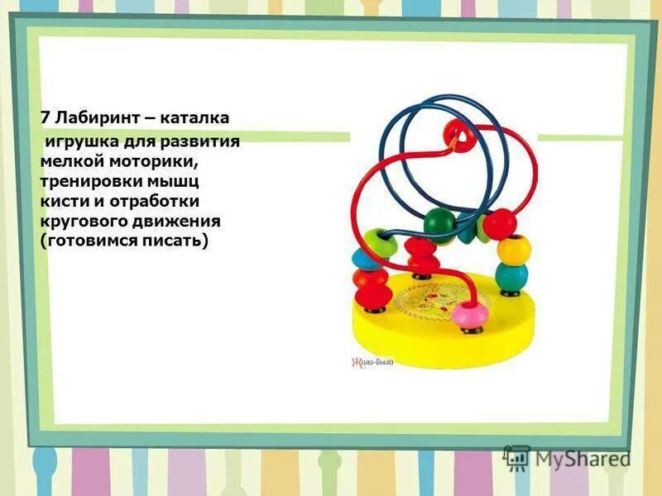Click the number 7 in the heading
[46, 118]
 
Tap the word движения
[178, 221]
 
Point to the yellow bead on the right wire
[514, 247]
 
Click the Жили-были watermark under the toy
[373, 361]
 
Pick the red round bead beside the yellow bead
[500, 223]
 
